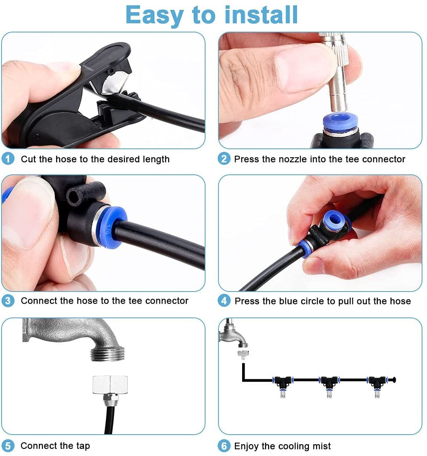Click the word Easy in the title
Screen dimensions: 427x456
coord(154,16)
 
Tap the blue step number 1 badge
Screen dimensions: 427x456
coord(8,159)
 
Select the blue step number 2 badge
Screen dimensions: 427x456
coord(224,159)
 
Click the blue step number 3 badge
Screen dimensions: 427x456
coord(8,301)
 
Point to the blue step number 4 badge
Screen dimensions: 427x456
coord(224,301)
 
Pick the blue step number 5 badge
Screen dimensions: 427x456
coord(8,446)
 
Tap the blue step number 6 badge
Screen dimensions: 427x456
coord(224,446)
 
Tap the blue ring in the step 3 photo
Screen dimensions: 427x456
coord(111,227)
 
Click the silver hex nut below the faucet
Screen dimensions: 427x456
coord(110,385)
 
